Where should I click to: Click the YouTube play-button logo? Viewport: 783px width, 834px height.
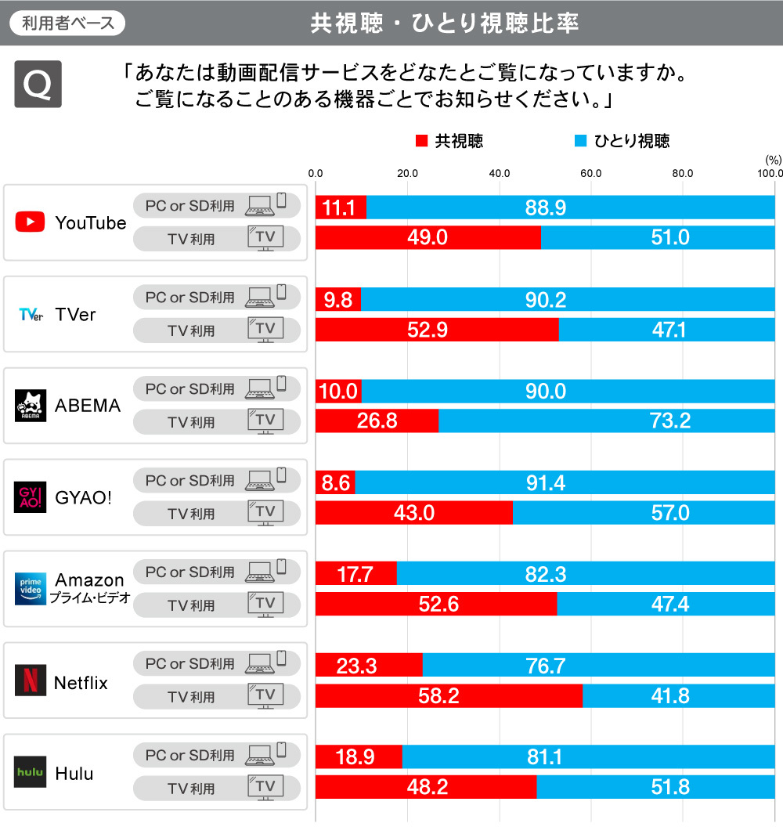[x=30, y=222]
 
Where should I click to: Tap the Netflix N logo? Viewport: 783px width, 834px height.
[x=30, y=680]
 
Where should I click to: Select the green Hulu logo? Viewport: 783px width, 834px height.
[x=30, y=772]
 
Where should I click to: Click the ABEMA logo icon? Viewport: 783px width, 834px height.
[x=30, y=406]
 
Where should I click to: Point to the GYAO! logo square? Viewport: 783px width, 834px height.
[x=30, y=497]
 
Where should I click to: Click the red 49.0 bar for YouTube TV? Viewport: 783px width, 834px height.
[x=428, y=238]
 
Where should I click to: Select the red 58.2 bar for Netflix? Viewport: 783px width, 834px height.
[x=449, y=695]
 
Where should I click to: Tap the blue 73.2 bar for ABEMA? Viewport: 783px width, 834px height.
[x=606, y=421]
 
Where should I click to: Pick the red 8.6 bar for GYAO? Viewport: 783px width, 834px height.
[x=335, y=482]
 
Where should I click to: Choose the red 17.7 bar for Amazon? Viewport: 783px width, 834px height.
[x=355, y=574]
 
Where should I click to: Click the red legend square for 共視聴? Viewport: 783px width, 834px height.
[x=421, y=142]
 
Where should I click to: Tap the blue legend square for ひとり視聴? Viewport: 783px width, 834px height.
[x=580, y=142]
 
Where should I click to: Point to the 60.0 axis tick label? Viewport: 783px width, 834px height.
[x=591, y=173]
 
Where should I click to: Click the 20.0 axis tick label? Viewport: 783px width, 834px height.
[x=407, y=173]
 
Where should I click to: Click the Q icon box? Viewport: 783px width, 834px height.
[x=38, y=85]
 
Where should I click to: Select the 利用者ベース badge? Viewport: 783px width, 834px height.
[x=67, y=23]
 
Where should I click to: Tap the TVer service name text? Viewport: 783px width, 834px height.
[x=75, y=314]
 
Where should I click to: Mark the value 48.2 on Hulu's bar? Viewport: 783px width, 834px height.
[x=428, y=787]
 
